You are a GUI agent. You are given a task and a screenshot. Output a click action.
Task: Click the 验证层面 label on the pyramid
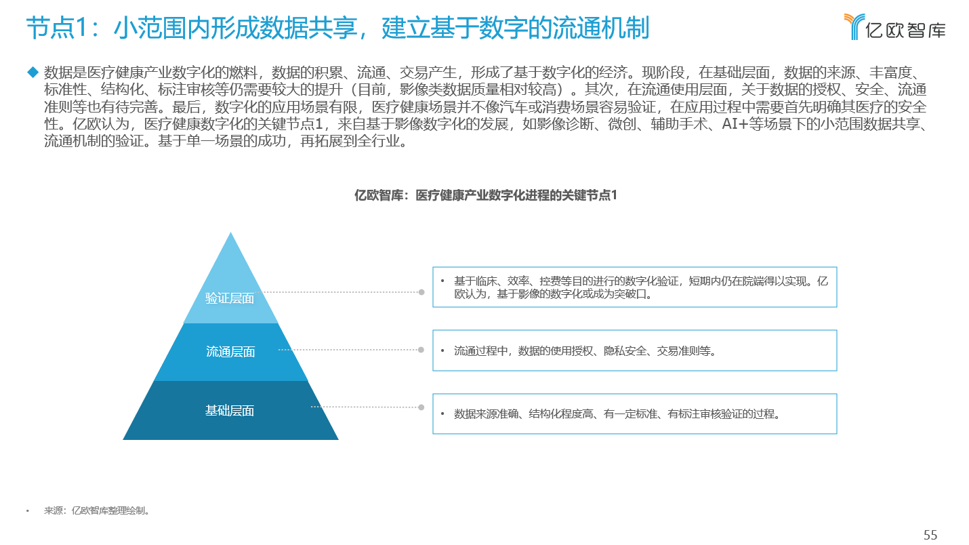[x=229, y=298]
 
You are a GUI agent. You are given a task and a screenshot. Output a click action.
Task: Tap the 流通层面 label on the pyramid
[x=230, y=352]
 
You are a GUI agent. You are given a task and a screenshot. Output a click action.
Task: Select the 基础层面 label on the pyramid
[x=229, y=410]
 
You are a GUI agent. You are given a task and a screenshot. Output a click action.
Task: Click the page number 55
[x=930, y=535]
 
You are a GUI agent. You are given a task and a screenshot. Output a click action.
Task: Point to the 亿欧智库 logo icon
[x=854, y=26]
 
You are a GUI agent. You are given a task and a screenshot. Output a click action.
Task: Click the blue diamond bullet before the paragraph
[x=33, y=72]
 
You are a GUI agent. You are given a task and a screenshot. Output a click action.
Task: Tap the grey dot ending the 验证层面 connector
[x=421, y=292]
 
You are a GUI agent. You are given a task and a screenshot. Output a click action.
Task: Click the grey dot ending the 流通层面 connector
[x=421, y=350]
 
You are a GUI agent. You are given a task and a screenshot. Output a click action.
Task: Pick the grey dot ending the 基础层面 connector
[x=421, y=407]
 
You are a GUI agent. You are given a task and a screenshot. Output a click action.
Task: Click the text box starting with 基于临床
[x=635, y=287]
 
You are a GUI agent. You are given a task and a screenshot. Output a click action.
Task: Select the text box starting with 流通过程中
[x=635, y=350]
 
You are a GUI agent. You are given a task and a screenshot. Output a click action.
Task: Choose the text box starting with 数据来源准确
[x=635, y=414]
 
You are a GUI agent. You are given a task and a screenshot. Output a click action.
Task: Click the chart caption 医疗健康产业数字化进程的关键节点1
[x=516, y=195]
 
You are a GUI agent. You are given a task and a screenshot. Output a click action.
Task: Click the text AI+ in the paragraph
[x=735, y=124]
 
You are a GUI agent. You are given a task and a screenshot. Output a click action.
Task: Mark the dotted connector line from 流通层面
[x=348, y=350]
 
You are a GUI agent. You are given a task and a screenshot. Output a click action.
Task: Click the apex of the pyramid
[x=230, y=233]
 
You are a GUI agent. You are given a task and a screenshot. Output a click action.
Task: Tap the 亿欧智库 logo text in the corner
[x=905, y=31]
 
